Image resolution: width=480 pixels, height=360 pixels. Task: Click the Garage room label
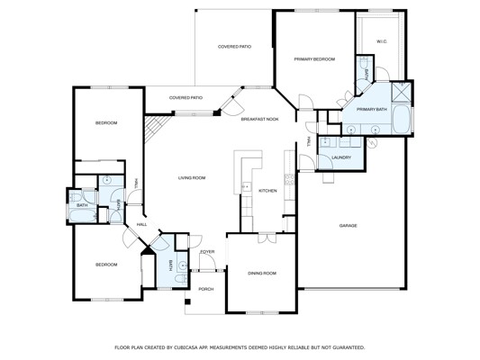[348, 226]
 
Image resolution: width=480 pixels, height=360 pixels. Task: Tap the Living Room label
[192, 177]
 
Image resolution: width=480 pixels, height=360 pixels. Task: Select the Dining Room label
[262, 273]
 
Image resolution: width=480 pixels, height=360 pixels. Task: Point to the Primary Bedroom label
[314, 59]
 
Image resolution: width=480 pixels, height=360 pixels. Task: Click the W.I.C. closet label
[382, 41]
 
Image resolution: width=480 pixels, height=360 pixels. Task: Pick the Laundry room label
[341, 157]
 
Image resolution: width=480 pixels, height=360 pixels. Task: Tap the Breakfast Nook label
[260, 119]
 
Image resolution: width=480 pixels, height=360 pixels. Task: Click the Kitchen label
[267, 191]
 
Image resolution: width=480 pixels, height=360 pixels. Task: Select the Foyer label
[207, 252]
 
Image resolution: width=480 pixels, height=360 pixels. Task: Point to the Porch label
[206, 289]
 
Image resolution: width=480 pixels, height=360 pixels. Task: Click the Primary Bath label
[372, 109]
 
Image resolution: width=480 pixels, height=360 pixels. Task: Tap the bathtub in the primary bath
[402, 120]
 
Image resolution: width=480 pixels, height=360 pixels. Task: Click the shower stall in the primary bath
[401, 92]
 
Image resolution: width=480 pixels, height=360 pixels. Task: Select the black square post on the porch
[187, 301]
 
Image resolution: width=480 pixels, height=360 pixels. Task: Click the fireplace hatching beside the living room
[157, 129]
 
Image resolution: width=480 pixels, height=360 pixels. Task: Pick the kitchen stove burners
[289, 179]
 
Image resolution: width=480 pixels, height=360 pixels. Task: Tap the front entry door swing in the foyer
[207, 262]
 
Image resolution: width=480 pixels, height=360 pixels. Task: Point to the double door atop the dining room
[267, 238]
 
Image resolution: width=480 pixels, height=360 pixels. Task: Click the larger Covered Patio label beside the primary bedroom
[234, 47]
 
